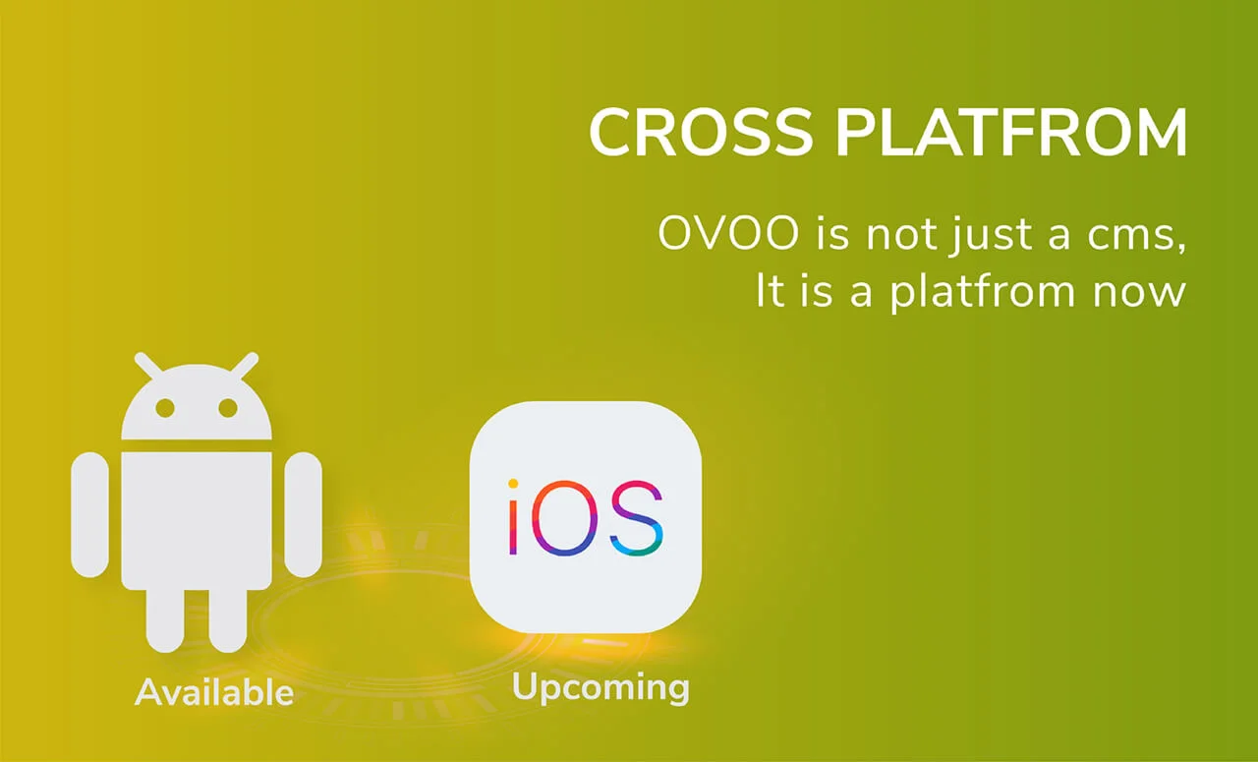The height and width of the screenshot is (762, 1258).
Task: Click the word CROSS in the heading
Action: click(x=701, y=133)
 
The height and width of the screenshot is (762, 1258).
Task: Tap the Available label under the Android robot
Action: click(x=214, y=692)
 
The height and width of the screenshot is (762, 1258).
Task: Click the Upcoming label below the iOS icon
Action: click(x=600, y=686)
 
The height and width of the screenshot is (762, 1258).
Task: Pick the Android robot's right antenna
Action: click(x=244, y=366)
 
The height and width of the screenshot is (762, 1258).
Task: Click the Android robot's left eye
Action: click(x=165, y=408)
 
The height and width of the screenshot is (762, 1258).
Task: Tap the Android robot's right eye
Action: click(x=228, y=408)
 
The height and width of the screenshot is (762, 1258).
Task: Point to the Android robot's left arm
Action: click(x=89, y=514)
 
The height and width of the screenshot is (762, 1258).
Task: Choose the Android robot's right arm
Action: click(x=303, y=514)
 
